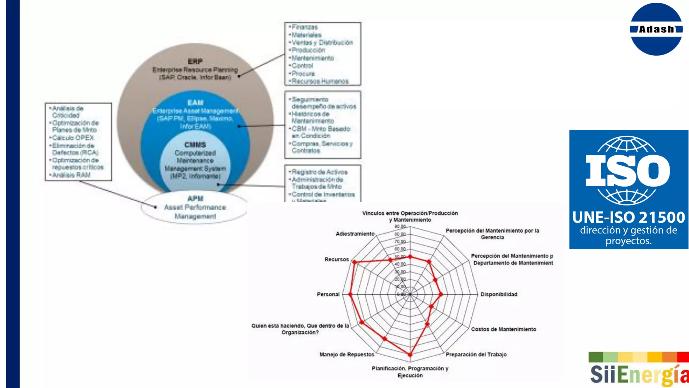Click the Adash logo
tap(656, 29)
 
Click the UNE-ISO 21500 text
tap(628, 218)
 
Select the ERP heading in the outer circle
tap(195, 61)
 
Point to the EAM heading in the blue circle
tap(195, 102)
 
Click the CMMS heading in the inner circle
tap(195, 145)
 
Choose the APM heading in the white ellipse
tap(195, 198)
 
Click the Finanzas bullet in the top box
tap(304, 27)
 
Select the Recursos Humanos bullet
tap(320, 81)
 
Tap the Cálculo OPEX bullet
tap(73, 138)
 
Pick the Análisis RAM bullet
tap(71, 175)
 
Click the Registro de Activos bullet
tap(319, 172)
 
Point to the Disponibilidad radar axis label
tap(499, 294)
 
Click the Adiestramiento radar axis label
tap(355, 234)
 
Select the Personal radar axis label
tap(328, 294)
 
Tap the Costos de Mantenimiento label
tap(503, 329)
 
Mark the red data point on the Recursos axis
tap(354, 262)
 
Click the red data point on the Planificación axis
tap(410, 355)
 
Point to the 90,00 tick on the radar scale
tap(400, 227)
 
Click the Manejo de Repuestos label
tap(347, 354)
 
